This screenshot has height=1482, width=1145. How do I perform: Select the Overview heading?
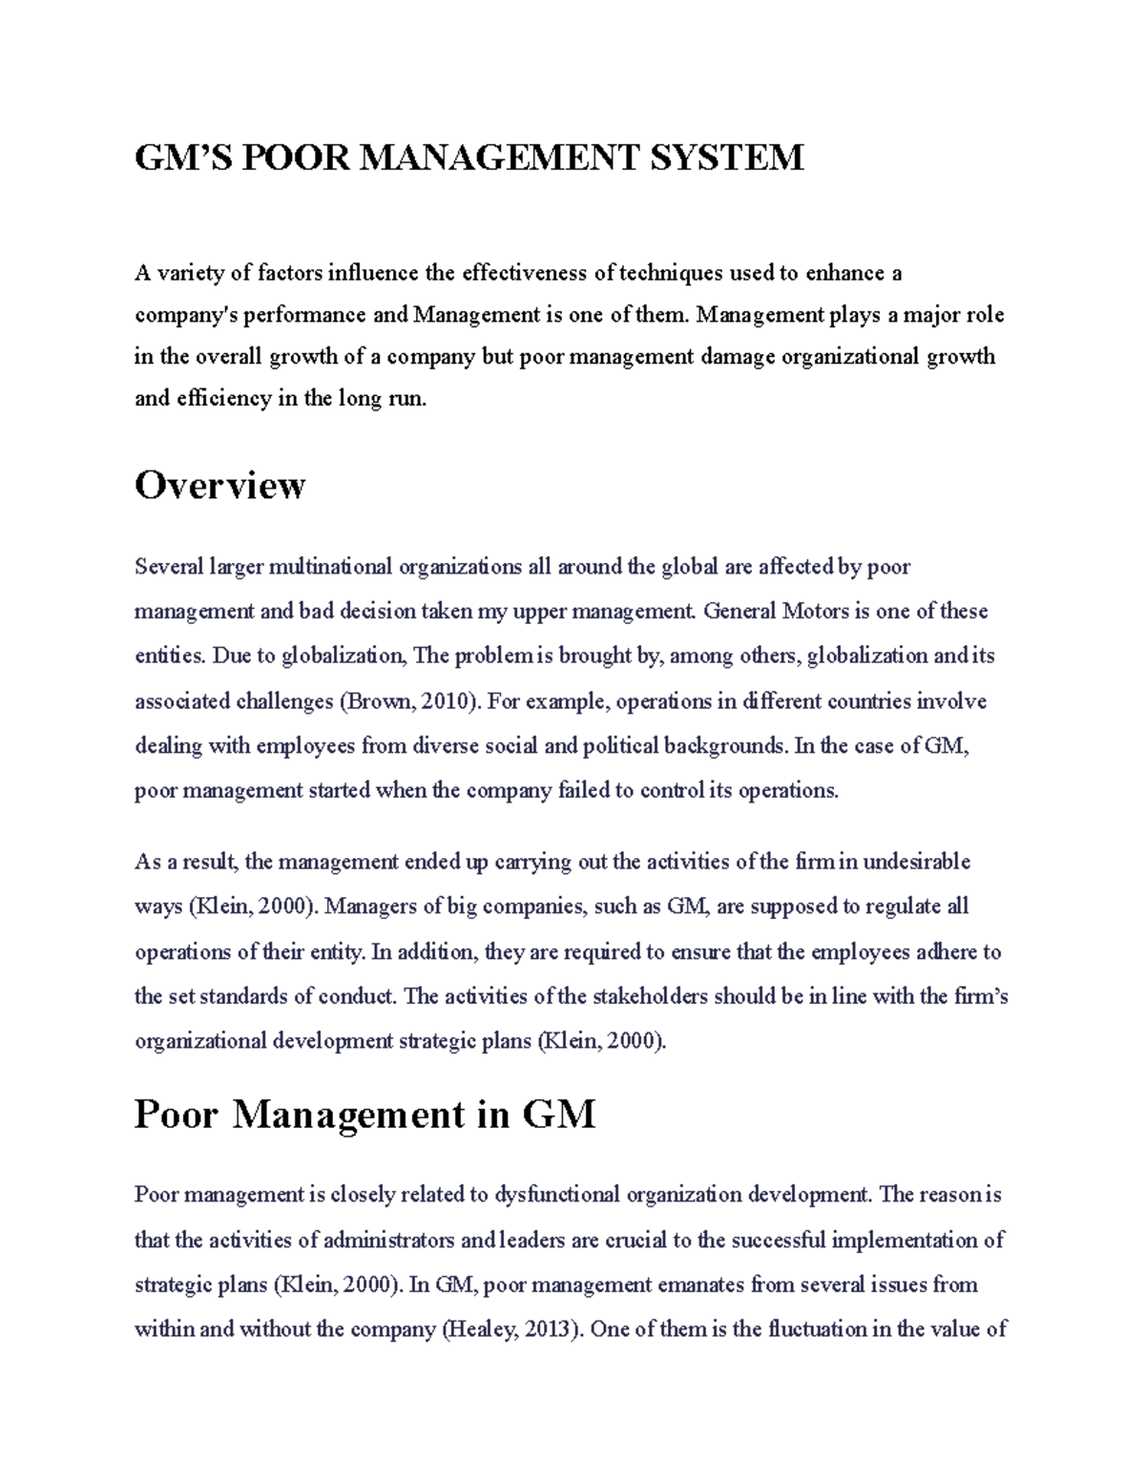tap(219, 486)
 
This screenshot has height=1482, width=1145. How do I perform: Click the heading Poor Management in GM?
tap(364, 1114)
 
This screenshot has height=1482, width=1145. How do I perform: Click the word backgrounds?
tap(725, 746)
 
